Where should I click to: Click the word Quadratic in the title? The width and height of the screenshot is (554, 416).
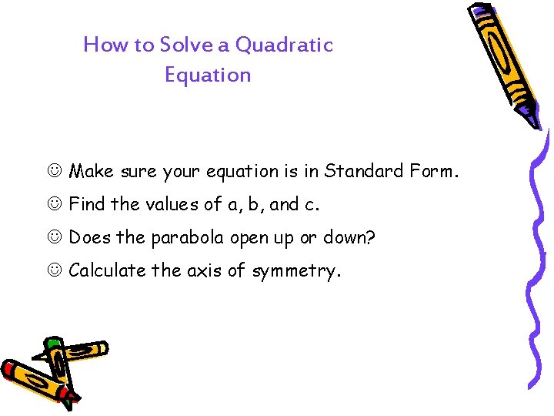click(x=284, y=45)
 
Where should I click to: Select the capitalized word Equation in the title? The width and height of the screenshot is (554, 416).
click(x=208, y=75)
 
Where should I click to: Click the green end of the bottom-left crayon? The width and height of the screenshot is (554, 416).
click(x=52, y=344)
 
